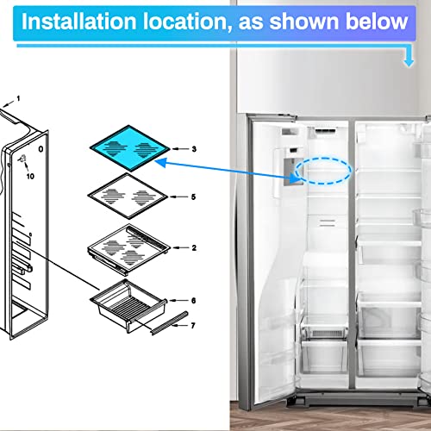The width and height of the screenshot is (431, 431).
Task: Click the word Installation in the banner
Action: coord(78,22)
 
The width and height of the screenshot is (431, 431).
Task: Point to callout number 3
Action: coord(194,149)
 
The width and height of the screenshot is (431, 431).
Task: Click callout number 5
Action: coord(193,197)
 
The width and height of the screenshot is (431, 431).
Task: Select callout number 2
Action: coord(194,247)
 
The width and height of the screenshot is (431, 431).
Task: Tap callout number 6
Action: coord(193,301)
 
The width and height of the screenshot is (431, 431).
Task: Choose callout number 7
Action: coord(193,325)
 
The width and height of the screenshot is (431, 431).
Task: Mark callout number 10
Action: coord(30,176)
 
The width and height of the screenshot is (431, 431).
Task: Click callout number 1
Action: coord(18,99)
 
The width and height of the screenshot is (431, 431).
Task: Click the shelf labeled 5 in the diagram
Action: coord(128,196)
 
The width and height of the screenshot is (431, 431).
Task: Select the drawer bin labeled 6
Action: coord(128,306)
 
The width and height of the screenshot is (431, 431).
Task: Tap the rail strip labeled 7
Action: coord(170,323)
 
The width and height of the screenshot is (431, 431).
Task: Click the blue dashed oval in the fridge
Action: coord(323,158)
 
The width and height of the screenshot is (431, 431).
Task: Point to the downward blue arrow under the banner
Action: coord(409,59)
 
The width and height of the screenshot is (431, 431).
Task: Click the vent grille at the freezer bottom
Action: coord(326,334)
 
